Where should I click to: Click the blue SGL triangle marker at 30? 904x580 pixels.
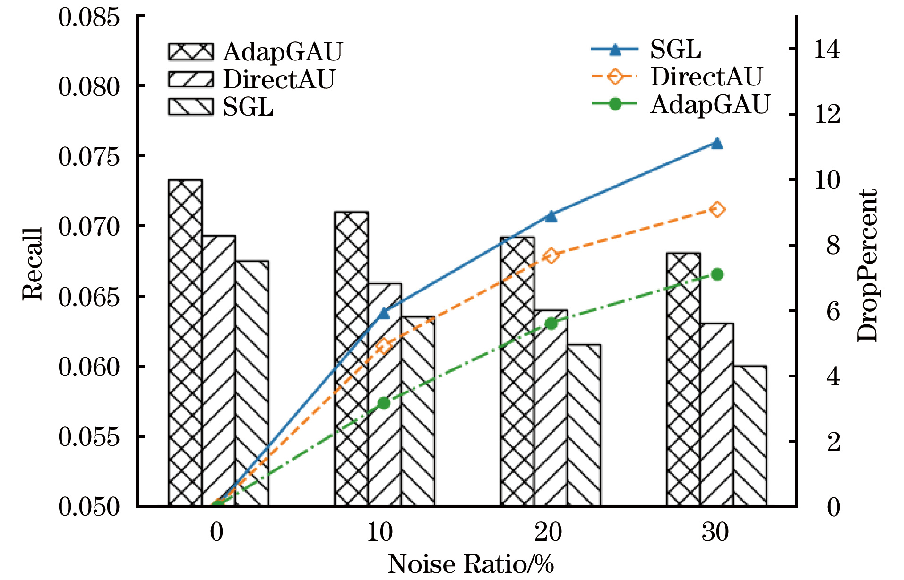click(x=717, y=144)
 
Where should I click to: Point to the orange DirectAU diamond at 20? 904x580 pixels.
click(x=551, y=256)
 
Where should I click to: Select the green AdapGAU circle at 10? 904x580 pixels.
click(x=384, y=403)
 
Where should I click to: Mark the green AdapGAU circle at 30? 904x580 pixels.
click(x=717, y=274)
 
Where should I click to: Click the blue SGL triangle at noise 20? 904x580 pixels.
click(x=551, y=216)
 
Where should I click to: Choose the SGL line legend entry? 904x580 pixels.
click(x=615, y=50)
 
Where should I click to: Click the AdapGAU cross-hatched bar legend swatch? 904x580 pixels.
click(x=190, y=51)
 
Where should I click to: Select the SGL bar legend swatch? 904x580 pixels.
click(x=190, y=107)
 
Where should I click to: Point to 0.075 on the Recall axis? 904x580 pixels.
click(x=89, y=156)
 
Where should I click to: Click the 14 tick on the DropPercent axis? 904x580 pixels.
click(x=827, y=49)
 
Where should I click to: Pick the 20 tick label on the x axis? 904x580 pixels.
click(x=548, y=532)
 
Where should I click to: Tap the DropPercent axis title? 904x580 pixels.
click(x=867, y=265)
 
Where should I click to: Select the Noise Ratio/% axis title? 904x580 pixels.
click(x=471, y=564)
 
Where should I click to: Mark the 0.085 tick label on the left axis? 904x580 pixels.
click(x=89, y=17)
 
